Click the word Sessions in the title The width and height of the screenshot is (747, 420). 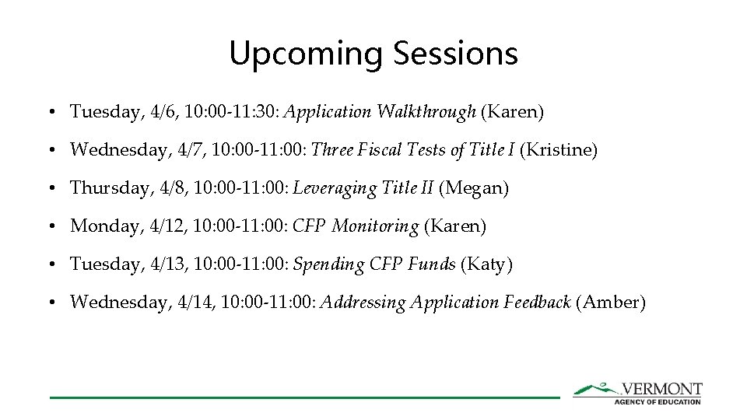point(455,54)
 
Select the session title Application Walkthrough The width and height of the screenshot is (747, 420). point(380,112)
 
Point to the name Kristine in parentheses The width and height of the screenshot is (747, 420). point(558,150)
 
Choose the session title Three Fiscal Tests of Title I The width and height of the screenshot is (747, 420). point(412,150)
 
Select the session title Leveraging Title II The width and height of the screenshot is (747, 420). point(363,188)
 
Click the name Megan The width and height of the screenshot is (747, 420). point(474,188)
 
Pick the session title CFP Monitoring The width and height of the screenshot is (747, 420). point(355,226)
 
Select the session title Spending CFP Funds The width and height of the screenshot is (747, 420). point(374,264)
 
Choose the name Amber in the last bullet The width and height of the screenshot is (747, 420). point(610,303)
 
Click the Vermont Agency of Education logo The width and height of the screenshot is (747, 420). point(637,392)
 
